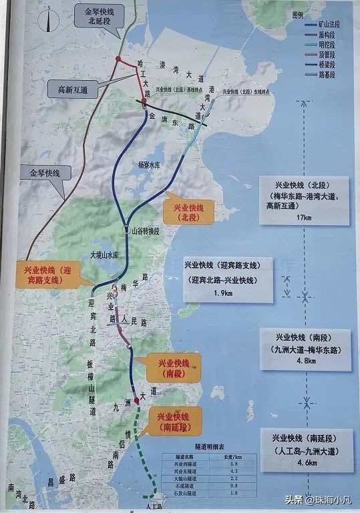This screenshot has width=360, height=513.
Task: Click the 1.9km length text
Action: pyautogui.click(x=231, y=293)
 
